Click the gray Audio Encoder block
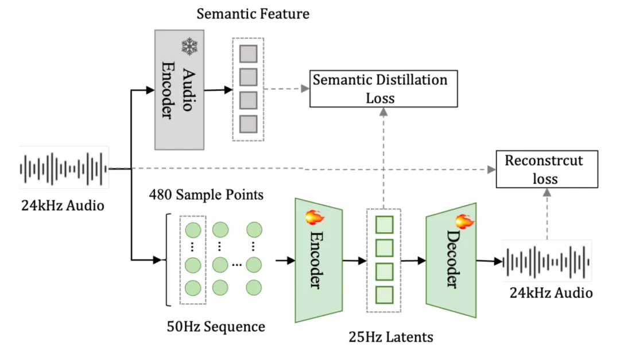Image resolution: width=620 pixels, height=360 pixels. point(179,90)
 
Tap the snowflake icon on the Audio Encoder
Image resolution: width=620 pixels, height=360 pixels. point(189,46)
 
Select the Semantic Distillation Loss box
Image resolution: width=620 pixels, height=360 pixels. point(383,88)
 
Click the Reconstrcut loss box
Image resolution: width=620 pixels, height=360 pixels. point(547,169)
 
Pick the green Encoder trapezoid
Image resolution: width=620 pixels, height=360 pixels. point(319,260)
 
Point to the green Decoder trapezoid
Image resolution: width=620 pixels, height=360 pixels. point(451,260)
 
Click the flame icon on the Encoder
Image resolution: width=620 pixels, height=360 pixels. point(315,217)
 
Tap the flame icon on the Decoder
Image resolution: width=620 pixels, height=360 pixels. point(464,222)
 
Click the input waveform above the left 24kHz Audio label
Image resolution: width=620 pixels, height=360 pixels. point(64,169)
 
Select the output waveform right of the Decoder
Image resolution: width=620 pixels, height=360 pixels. point(547,261)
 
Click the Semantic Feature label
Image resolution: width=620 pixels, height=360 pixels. point(253,14)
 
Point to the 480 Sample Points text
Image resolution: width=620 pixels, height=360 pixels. point(206,195)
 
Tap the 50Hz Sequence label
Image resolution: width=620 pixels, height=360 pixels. point(216,327)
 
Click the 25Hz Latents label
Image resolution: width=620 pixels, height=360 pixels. point(391,337)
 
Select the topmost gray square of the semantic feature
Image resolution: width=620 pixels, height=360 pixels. point(249,53)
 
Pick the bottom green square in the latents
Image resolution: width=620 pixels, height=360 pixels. point(384,295)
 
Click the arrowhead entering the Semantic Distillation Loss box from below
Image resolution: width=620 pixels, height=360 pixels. point(383,112)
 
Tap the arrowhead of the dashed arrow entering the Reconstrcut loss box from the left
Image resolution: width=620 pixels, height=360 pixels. point(491,169)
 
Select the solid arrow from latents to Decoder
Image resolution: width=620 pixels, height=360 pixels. point(413,261)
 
